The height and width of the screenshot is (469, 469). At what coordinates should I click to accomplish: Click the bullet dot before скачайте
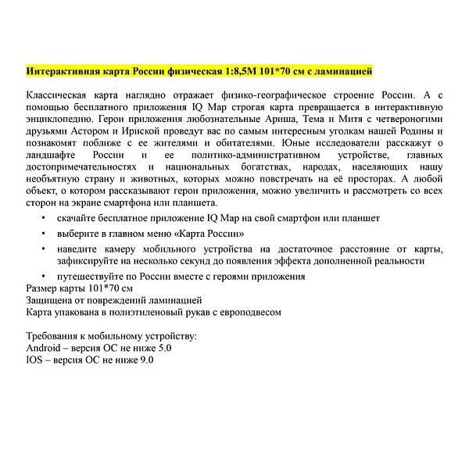point(44,217)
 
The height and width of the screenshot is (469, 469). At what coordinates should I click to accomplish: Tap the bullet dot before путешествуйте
point(44,276)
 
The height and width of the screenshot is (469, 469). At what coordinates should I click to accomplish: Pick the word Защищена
point(51,299)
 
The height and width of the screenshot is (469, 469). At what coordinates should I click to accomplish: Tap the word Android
point(45,348)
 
